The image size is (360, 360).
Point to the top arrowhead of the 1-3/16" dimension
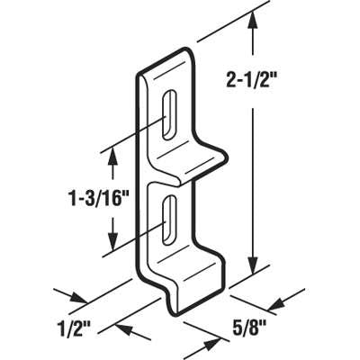[x=112, y=156]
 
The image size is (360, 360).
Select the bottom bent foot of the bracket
[x=193, y=279]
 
